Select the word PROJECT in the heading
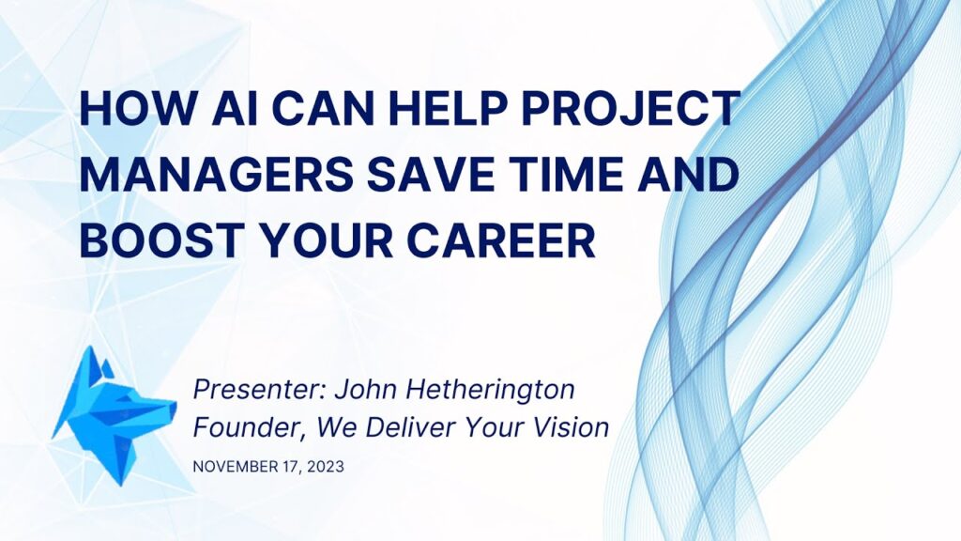[632, 109]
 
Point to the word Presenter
[259, 389]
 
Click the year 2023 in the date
[326, 467]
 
